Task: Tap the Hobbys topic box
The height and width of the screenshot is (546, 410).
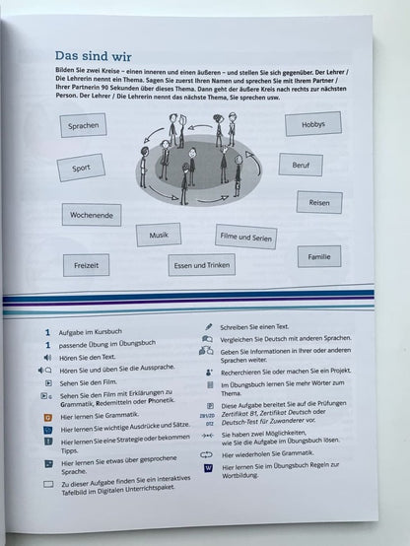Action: tap(313, 124)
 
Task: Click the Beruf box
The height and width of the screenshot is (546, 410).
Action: tap(300, 165)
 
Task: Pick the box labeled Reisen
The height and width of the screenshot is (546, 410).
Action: tap(318, 203)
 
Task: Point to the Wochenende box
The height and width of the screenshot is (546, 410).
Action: tap(98, 215)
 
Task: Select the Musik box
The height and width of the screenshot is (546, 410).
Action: tap(159, 237)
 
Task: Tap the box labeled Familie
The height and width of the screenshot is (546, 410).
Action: tap(318, 257)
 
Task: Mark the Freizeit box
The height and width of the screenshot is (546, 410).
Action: tap(86, 264)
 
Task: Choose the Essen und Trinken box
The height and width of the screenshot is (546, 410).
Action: tap(201, 264)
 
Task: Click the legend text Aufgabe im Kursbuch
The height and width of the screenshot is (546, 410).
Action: tap(102, 335)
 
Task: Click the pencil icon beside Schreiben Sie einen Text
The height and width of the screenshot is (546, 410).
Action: tap(208, 324)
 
